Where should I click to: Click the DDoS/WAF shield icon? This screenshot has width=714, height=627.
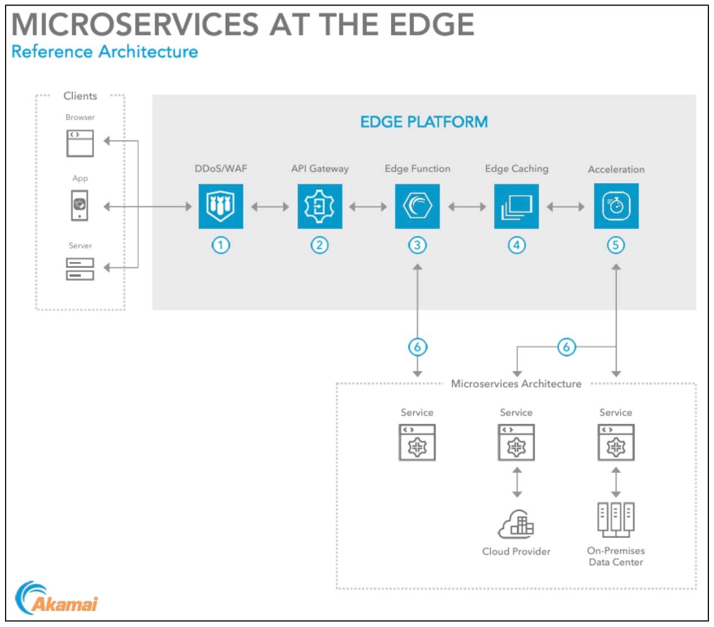[x=221, y=206]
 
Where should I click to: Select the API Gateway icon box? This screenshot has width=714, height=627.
[x=320, y=206]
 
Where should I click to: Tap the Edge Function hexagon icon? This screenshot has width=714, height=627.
[x=417, y=206]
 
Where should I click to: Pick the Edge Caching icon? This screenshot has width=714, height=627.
[x=516, y=206]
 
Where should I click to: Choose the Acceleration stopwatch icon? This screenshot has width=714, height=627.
[x=616, y=206]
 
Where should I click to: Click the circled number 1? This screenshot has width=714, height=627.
[x=221, y=245]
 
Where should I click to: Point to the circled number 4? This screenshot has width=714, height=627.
[x=517, y=245]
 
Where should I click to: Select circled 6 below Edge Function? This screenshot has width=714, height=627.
[x=417, y=347]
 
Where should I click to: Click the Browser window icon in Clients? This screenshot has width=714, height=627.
[x=80, y=143]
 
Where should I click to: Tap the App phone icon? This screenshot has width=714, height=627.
[x=80, y=206]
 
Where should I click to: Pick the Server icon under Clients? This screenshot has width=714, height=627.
[x=80, y=269]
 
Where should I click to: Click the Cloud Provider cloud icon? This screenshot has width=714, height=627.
[x=516, y=524]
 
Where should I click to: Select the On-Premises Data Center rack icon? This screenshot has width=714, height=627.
[x=616, y=519]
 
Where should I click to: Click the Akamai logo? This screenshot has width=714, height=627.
[x=57, y=599]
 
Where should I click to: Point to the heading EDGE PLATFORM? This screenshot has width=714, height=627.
[x=424, y=122]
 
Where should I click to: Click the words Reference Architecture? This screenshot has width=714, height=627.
[x=105, y=52]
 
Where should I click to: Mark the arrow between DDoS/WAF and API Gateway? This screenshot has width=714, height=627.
[x=270, y=207]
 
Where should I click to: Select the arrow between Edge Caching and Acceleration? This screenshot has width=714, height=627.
[x=566, y=207]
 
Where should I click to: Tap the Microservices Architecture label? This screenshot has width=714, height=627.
[x=516, y=384]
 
